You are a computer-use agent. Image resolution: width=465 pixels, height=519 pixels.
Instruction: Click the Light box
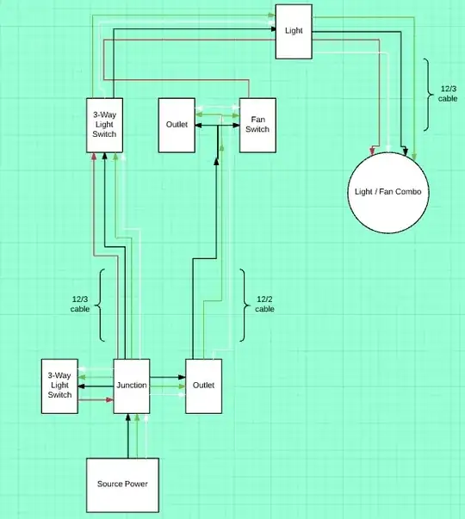(293, 31)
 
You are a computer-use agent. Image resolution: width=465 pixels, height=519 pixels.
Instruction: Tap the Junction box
(132, 385)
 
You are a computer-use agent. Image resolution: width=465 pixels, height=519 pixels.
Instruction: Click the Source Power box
(122, 484)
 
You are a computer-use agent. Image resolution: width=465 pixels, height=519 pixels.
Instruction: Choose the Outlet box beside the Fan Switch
(176, 125)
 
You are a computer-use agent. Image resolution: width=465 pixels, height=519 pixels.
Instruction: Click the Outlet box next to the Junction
(204, 385)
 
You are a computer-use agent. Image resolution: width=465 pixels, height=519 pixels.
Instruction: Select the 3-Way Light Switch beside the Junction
(59, 385)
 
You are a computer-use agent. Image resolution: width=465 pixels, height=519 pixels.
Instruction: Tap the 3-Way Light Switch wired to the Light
(103, 125)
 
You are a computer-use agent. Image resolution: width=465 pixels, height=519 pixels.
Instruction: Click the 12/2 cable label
(265, 304)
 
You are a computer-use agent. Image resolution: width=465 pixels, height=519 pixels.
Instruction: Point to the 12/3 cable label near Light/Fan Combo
(448, 93)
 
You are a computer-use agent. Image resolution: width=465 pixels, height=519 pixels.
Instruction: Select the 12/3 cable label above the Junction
(80, 304)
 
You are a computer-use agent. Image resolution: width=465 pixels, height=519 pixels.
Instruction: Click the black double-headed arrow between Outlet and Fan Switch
(217, 126)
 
